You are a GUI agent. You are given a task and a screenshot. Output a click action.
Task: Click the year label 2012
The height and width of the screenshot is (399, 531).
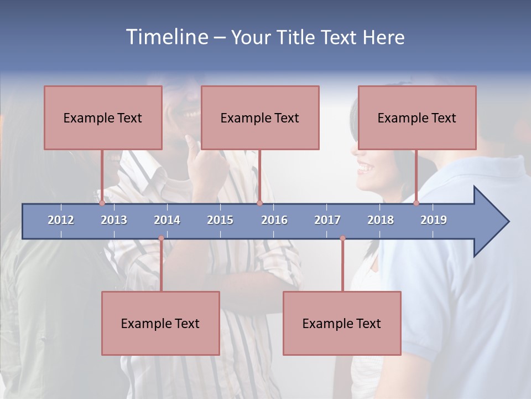61,220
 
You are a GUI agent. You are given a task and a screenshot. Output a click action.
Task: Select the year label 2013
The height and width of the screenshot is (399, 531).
114,220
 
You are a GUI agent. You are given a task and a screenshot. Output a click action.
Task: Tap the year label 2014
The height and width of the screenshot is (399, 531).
167,220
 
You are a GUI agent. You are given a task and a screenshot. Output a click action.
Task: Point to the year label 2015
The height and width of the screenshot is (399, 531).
220,220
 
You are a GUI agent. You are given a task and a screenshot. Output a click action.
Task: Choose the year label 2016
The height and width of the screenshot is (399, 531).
274,220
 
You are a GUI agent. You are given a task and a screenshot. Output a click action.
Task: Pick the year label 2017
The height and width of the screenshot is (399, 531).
327,220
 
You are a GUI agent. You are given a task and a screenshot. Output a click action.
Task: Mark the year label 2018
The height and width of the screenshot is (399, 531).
381,220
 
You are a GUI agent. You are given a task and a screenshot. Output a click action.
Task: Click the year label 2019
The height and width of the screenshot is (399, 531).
434,220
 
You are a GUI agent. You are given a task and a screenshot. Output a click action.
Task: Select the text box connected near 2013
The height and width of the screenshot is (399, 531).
103,117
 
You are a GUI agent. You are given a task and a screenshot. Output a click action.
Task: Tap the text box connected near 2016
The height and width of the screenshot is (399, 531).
260,117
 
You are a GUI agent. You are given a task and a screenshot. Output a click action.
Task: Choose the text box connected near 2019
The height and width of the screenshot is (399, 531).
417,117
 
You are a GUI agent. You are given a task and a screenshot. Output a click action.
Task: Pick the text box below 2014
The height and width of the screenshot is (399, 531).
160,323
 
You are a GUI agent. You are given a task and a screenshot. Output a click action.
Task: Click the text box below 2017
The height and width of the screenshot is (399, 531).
342,323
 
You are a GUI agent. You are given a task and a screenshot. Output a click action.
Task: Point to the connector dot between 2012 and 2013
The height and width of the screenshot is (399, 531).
102,203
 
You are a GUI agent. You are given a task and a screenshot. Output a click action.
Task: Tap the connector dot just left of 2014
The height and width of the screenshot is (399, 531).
161,238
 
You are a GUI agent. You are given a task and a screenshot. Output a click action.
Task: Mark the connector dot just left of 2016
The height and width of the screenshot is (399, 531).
259,203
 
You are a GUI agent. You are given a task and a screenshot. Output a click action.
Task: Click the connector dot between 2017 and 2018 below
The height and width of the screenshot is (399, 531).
342,238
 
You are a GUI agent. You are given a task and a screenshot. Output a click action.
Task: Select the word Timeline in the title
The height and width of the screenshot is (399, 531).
166,37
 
